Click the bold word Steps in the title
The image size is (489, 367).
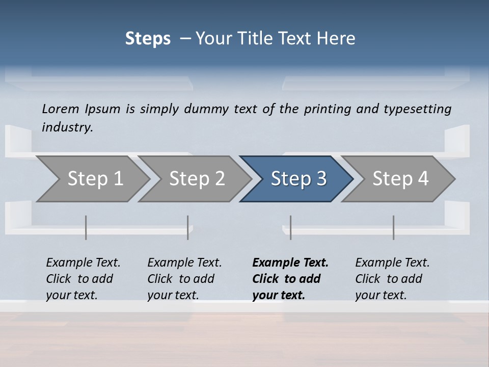tap(148, 39)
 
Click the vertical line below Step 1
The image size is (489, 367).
tap(86, 227)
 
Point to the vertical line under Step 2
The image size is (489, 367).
tap(188, 227)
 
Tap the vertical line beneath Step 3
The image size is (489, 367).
tap(290, 227)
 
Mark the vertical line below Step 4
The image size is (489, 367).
tap(393, 227)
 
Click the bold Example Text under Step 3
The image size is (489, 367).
tap(290, 263)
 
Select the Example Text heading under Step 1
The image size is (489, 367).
tap(83, 263)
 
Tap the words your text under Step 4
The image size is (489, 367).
tap(381, 295)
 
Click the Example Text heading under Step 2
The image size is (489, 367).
tap(184, 263)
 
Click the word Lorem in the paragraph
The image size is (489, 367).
tap(61, 109)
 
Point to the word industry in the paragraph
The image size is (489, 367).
tap(67, 127)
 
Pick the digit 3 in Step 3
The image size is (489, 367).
tap(321, 179)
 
